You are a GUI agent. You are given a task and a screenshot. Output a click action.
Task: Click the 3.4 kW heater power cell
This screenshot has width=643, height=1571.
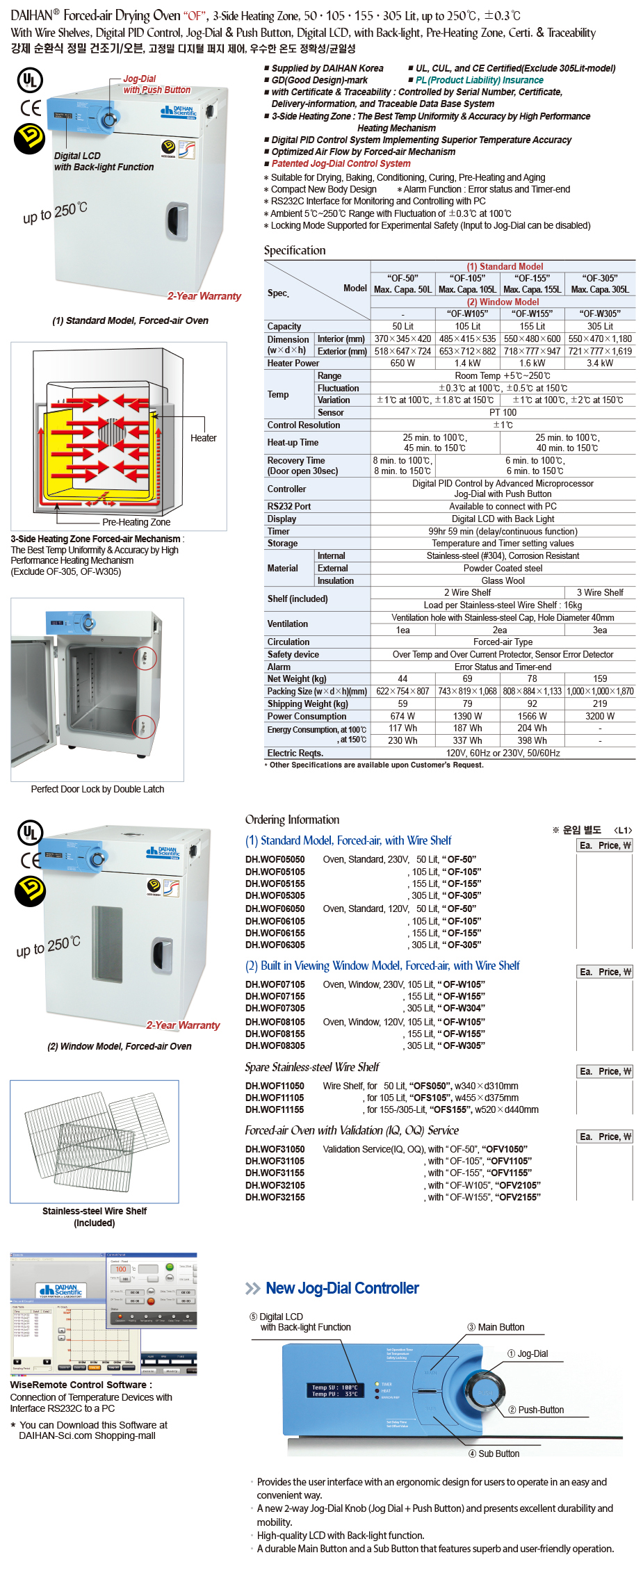600,363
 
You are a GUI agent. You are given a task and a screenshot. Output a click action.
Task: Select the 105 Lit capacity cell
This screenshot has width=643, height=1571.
467,326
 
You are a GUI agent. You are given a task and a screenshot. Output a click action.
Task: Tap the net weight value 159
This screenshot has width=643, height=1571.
600,678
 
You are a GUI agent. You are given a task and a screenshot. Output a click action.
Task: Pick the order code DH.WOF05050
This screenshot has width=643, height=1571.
275,859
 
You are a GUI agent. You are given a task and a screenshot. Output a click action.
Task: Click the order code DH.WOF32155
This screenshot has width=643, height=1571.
275,1197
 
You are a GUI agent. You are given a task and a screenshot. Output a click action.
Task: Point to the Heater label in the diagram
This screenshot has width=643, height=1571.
203,438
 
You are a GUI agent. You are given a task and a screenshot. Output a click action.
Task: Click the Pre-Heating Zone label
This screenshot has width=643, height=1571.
136,522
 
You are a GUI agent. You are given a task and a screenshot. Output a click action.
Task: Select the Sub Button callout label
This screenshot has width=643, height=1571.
498,1454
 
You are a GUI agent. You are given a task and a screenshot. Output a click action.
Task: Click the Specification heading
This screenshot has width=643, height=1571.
294,250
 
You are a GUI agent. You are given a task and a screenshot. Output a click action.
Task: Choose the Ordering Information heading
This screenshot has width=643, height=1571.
292,820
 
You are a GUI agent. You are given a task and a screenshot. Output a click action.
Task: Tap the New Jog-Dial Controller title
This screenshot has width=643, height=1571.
342,1288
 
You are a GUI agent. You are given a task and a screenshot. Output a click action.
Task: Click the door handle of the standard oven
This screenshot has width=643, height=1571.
177,221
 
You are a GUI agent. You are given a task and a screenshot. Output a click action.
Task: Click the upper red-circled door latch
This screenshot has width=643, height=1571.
145,658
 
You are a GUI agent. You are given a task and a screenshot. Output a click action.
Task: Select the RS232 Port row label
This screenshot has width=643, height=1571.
289,506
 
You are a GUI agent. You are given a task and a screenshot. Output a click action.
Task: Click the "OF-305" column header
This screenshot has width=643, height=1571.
600,278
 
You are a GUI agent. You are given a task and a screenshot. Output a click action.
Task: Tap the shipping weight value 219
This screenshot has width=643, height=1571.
600,703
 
